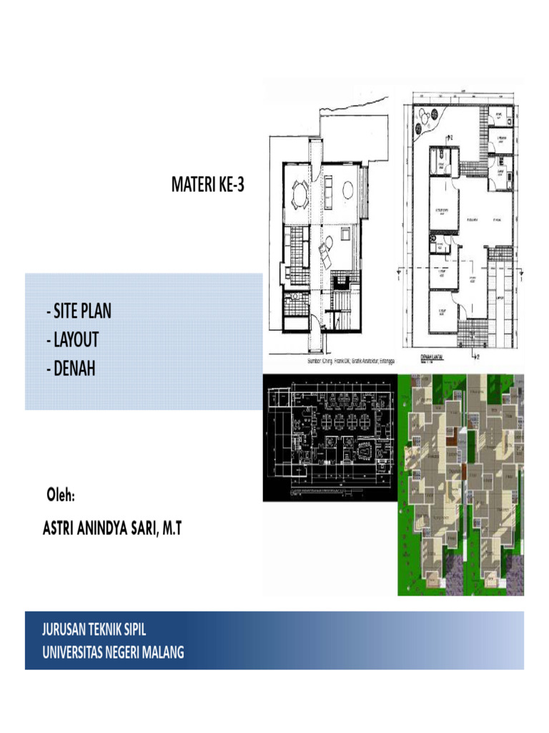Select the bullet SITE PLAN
point(78,312)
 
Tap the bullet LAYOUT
point(71,339)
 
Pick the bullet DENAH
point(69,367)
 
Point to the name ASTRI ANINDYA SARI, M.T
point(113,529)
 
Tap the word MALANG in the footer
point(159,652)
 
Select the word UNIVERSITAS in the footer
point(75,652)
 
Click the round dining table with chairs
point(300,193)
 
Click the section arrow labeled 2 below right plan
point(476,355)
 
